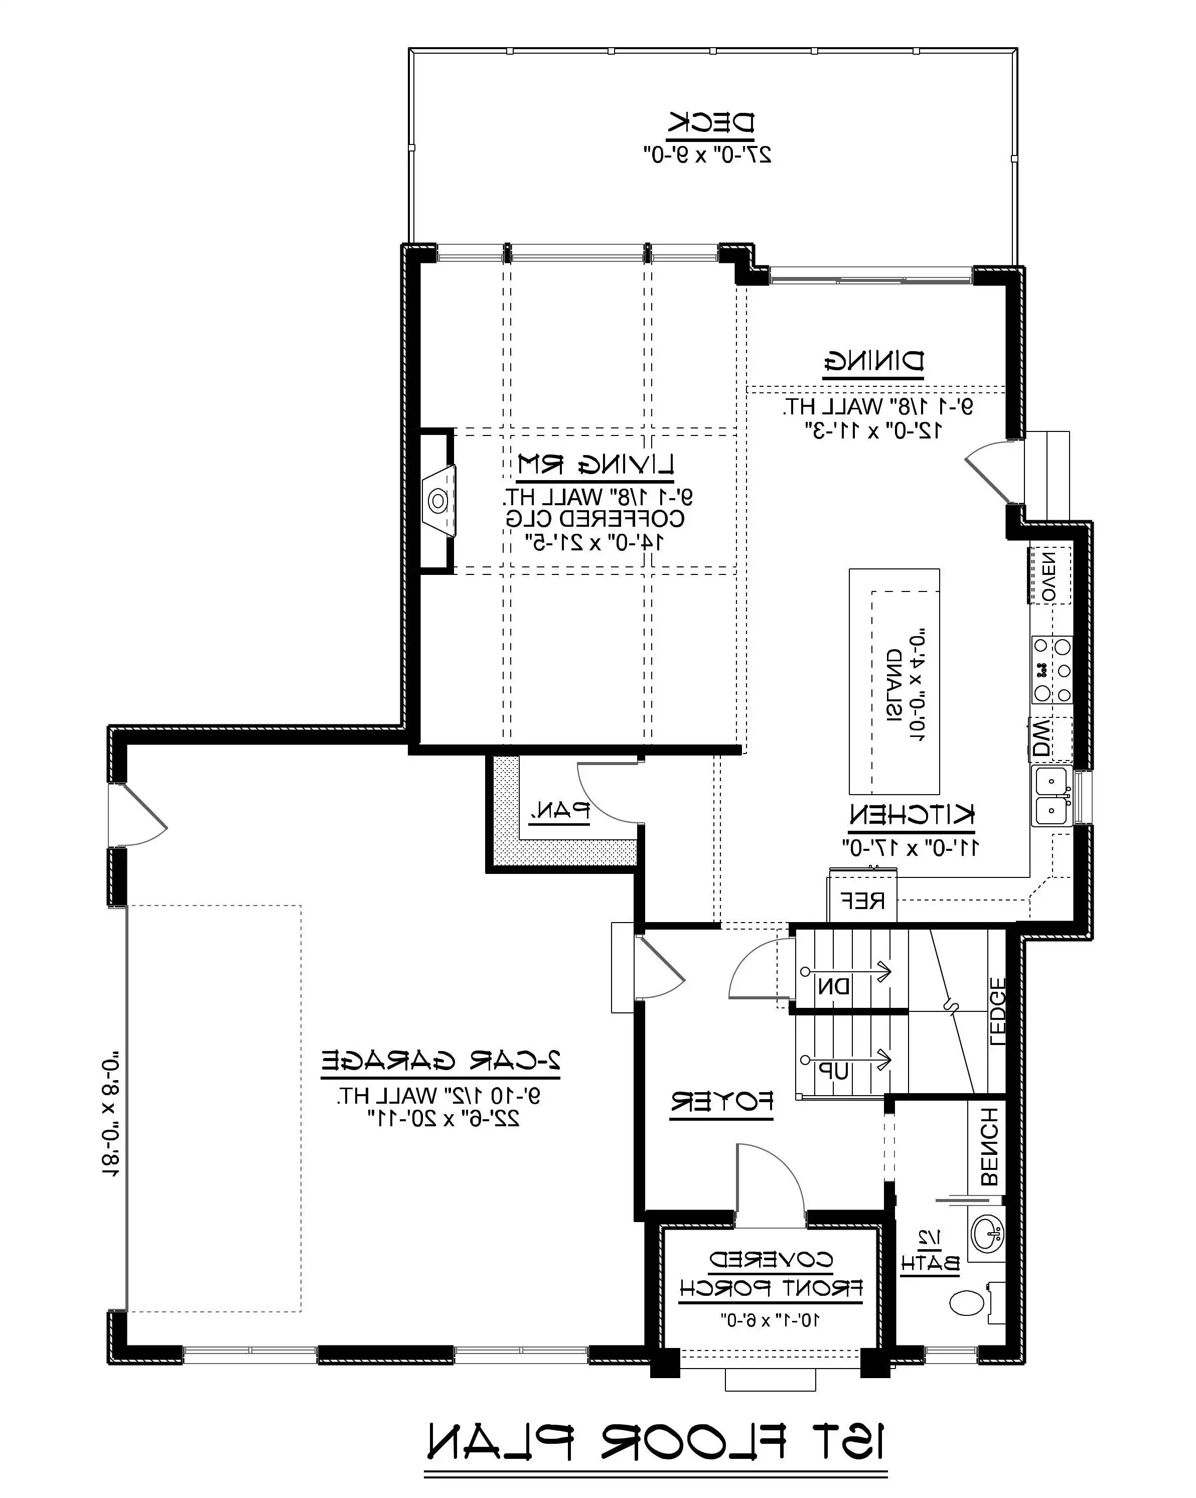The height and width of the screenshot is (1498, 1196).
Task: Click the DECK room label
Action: pyautogui.click(x=711, y=123)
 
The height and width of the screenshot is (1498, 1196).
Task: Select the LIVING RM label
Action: pyautogui.click(x=595, y=464)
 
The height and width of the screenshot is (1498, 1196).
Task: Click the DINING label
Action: pyautogui.click(x=873, y=361)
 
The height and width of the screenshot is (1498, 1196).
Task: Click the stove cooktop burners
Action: pyautogui.click(x=1052, y=670)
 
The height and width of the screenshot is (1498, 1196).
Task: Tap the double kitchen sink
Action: pyautogui.click(x=1052, y=796)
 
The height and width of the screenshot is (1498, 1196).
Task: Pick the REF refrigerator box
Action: pyautogui.click(x=862, y=901)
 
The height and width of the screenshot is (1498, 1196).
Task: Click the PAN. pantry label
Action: pyautogui.click(x=560, y=809)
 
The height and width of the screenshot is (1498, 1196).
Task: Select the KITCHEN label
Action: pyautogui.click(x=911, y=814)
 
